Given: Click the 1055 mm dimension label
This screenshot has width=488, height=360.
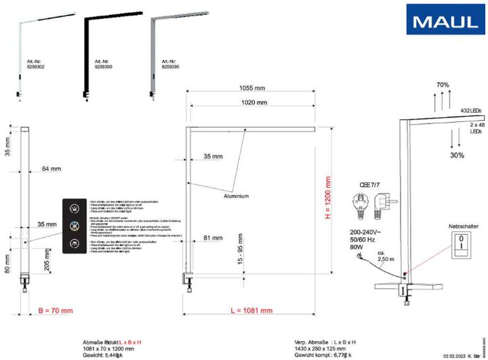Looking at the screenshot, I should pyautogui.click(x=251, y=87).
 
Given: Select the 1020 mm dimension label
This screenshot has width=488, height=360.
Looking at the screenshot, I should pyautogui.click(x=251, y=103).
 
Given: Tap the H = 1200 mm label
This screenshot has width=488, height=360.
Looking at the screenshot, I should pyautogui.click(x=328, y=199).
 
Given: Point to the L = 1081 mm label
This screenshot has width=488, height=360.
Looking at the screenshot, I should pyautogui.click(x=251, y=310).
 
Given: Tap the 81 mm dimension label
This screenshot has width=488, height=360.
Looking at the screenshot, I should pyautogui.click(x=213, y=237).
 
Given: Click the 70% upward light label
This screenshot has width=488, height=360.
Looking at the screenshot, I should pyautogui.click(x=443, y=85).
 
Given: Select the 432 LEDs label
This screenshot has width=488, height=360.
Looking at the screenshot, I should pyautogui.click(x=471, y=109).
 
